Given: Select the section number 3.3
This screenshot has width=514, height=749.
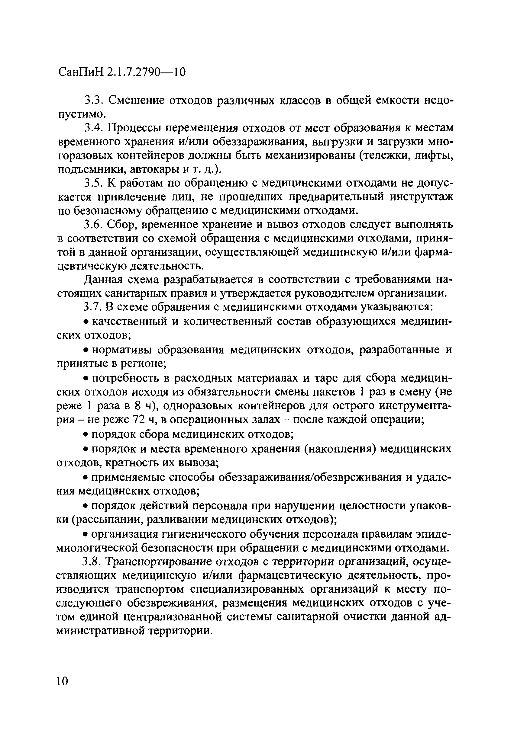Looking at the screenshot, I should click(93, 101).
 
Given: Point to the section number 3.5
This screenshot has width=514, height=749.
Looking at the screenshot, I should click(93, 183).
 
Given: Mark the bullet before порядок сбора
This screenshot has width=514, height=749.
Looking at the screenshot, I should click(86, 435).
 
